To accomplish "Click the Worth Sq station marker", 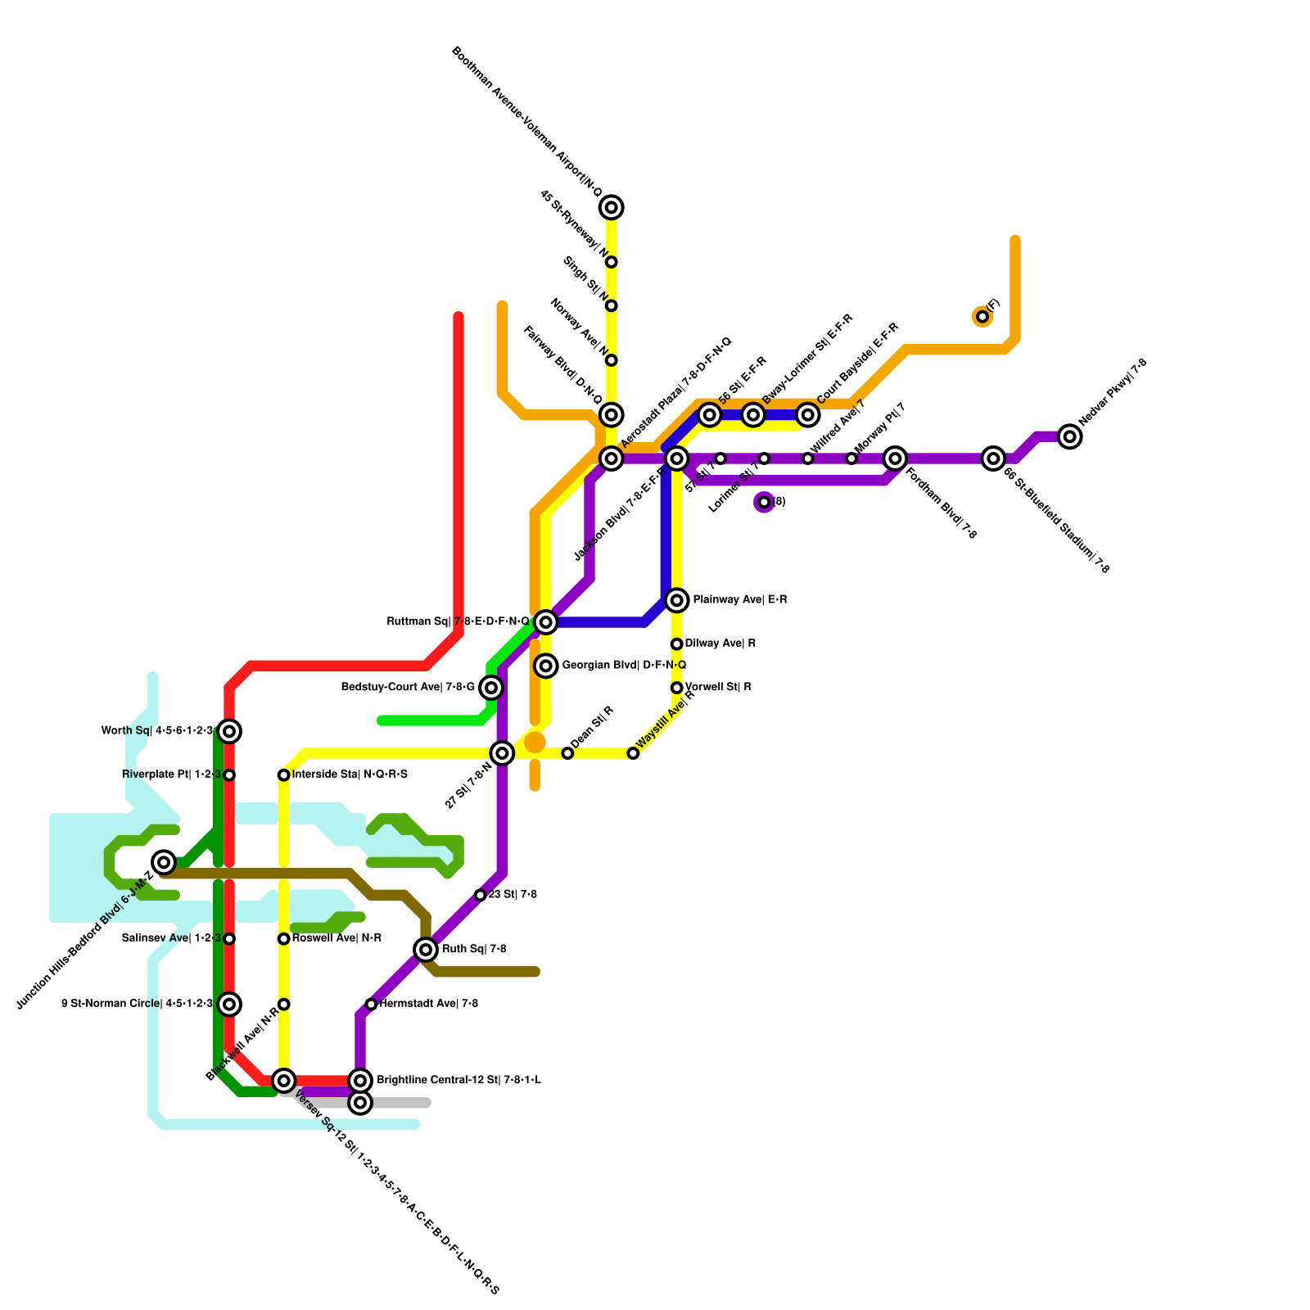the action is coord(230,731).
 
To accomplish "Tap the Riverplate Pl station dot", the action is coord(230,775).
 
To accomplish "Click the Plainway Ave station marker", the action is coord(676,601).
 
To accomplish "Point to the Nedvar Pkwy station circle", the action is coord(1069,437).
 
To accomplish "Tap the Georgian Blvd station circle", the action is coord(546,666).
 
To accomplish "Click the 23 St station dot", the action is coord(481,895).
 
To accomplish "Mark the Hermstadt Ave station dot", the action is coord(371,1005).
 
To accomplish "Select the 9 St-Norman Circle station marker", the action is coord(230,1004).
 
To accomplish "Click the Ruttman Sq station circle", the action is coord(546,623).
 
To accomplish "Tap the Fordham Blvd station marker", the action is coord(896,458).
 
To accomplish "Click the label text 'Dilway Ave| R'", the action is coord(720,644).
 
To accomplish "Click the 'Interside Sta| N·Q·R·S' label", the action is coord(350,775).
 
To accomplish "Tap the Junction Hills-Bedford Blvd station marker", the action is coord(165,862).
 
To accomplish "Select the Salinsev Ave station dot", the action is coord(230,939).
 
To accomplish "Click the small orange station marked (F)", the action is coord(982,317).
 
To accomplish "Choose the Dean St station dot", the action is coord(567,753).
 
